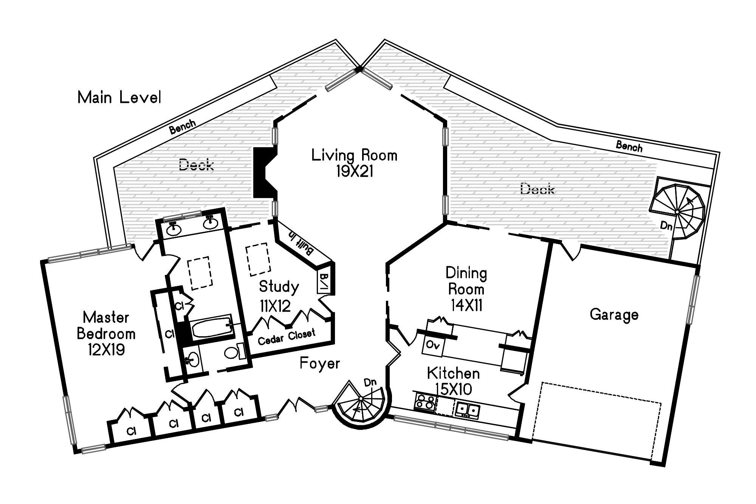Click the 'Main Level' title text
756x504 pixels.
[119, 98]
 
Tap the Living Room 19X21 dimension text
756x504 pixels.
[355, 172]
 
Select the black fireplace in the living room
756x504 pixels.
[265, 172]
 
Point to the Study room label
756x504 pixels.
[279, 287]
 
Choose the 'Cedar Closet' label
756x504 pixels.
[287, 337]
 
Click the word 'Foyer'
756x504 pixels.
[320, 363]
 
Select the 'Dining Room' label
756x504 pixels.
[466, 281]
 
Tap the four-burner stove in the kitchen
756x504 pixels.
[425, 401]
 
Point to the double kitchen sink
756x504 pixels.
[467, 409]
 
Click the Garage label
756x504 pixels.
[614, 315]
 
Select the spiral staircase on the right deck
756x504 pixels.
[677, 212]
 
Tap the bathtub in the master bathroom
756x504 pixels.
[212, 328]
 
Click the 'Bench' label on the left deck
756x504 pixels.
[183, 127]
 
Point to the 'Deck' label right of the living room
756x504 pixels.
[537, 189]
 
